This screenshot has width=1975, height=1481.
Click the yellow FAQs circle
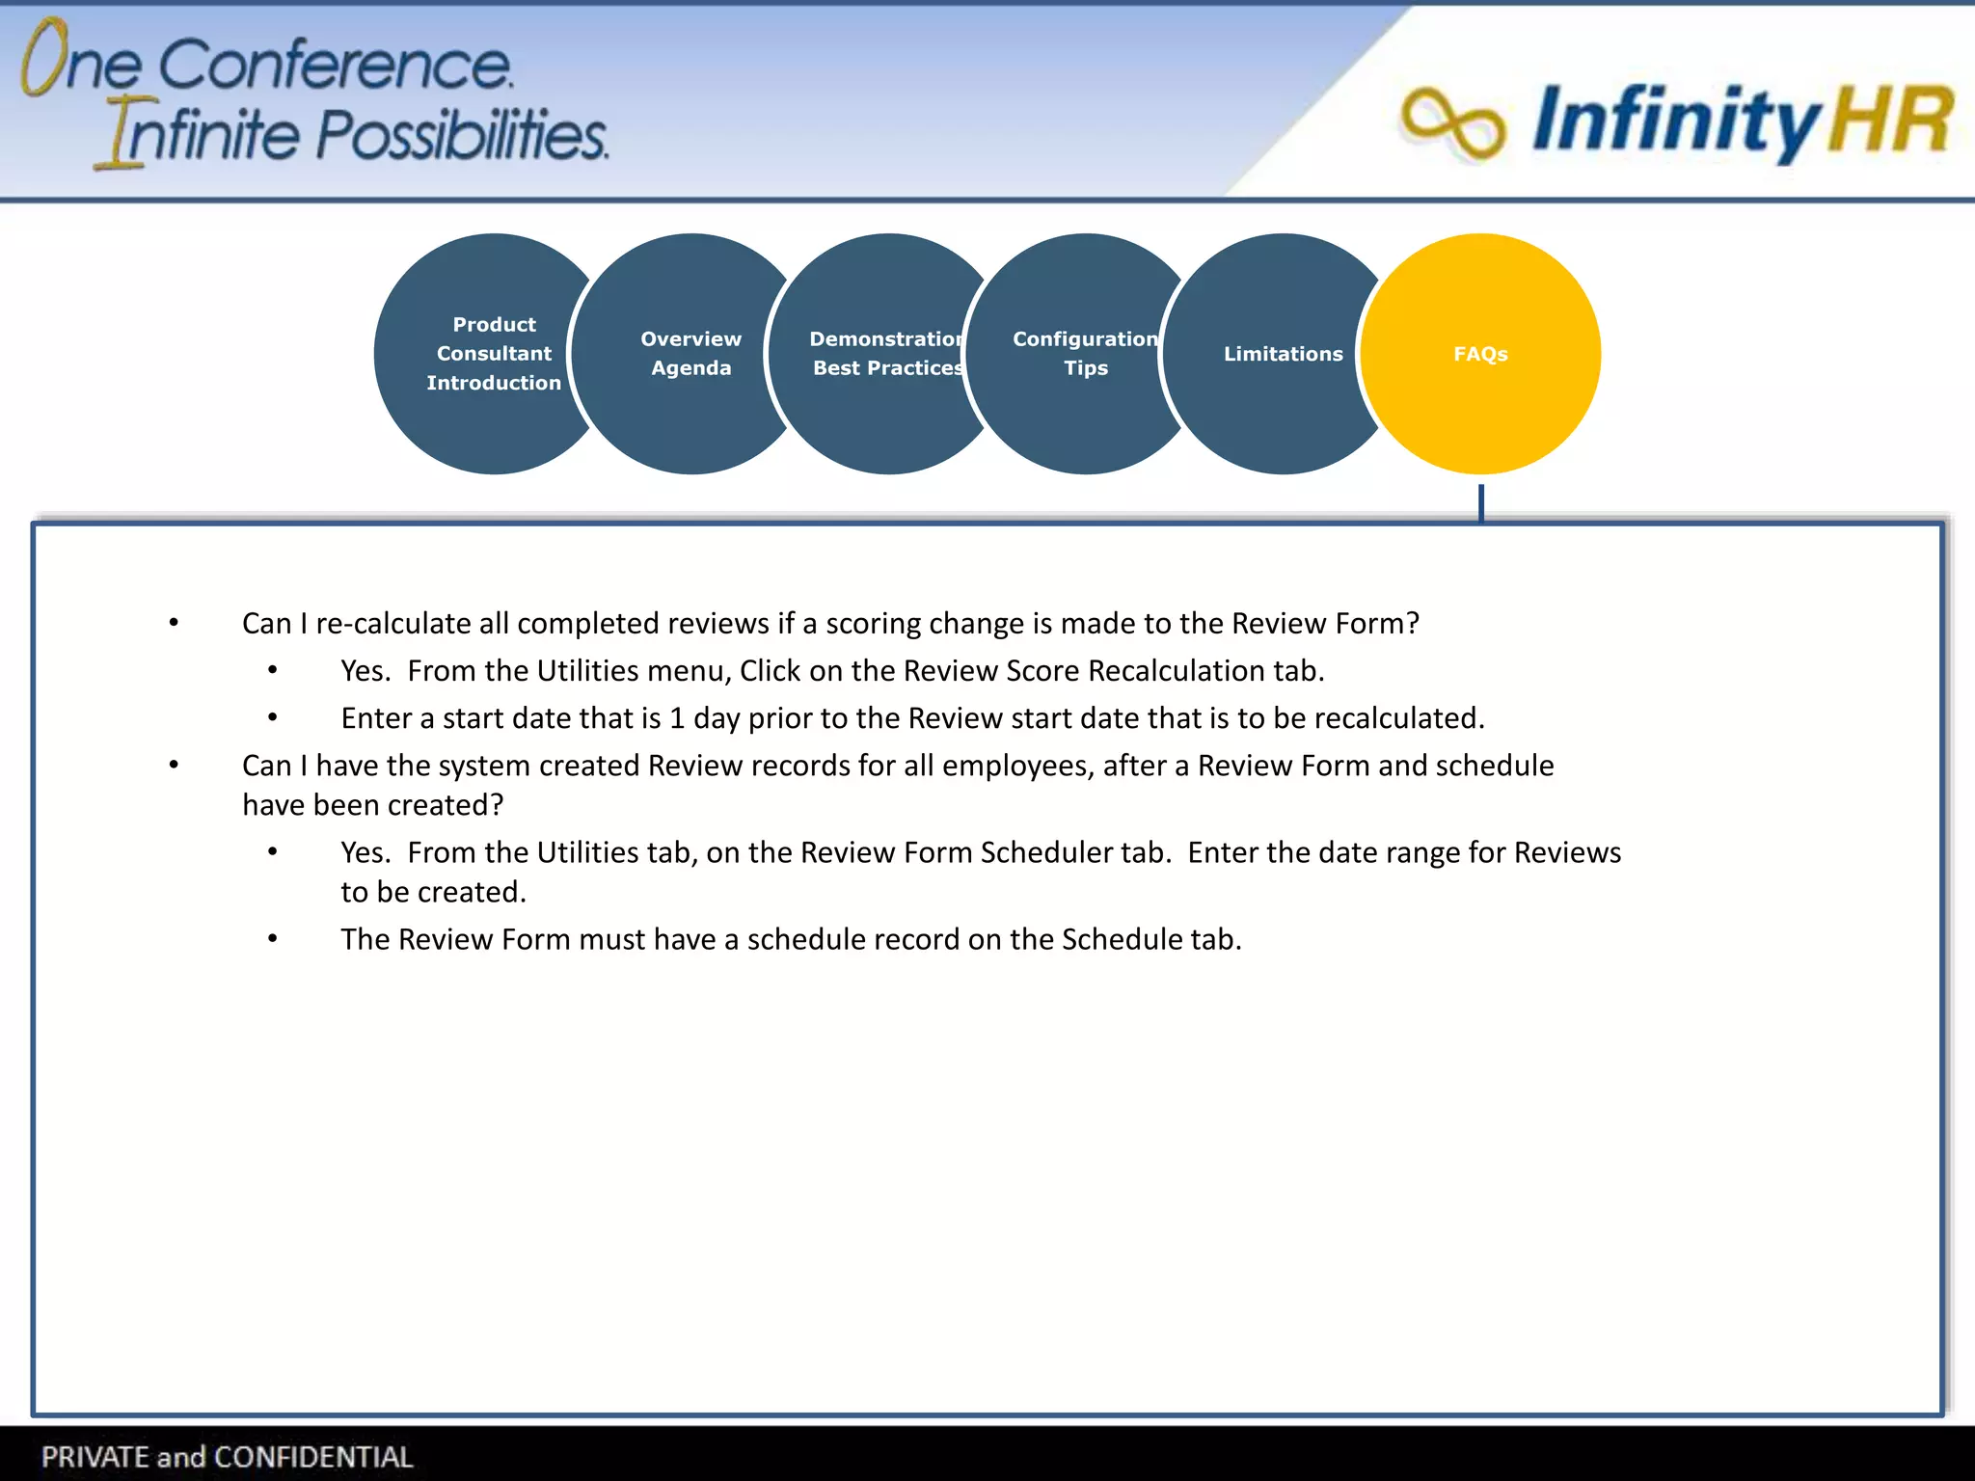point(1480,354)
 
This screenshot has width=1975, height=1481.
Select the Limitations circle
point(1283,354)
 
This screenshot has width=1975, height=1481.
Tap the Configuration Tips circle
point(1085,354)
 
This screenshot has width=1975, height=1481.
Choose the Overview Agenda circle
point(690,354)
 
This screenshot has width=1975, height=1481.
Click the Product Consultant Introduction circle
point(494,354)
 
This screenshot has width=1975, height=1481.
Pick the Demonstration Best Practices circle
point(887,354)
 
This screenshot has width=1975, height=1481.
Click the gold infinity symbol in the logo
point(1452,122)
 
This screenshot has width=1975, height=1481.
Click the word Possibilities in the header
point(463,135)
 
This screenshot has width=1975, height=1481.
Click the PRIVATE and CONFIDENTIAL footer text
point(228,1456)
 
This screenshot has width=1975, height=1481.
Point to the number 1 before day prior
point(677,718)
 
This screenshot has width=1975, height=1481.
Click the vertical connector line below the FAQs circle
point(1480,502)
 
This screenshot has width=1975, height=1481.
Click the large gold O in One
point(44,58)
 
